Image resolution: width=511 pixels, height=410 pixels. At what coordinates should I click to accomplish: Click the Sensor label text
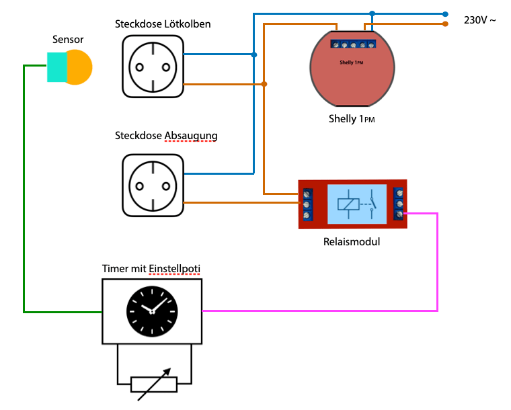point(68,40)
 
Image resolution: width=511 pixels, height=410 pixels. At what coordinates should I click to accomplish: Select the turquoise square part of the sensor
point(56,67)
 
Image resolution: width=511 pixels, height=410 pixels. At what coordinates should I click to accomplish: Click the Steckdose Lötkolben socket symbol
point(152,66)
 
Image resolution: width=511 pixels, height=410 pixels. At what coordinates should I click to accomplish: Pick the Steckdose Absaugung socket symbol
point(152,186)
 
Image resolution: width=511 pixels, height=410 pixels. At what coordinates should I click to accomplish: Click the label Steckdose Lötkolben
point(163,24)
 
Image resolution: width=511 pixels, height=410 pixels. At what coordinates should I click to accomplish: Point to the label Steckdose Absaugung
point(166,136)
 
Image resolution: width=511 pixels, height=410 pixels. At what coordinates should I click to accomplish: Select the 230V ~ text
point(480,20)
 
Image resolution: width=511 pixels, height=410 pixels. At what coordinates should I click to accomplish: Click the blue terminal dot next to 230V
point(445,13)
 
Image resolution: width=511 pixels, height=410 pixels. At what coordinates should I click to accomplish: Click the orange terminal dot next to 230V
point(445,24)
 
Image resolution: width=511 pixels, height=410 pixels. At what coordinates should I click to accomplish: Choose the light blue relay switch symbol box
point(356,204)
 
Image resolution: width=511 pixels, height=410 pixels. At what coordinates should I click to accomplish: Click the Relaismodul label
point(352,241)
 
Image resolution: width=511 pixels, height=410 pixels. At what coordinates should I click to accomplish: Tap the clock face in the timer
point(152,311)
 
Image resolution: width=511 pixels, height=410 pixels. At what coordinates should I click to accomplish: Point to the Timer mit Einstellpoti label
point(151,269)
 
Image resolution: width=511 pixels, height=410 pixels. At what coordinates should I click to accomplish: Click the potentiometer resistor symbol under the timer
point(153,384)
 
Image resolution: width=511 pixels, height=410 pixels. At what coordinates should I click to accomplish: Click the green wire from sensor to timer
point(24,202)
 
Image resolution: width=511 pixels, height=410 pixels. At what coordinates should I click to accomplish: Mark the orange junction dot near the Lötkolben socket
point(264,84)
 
